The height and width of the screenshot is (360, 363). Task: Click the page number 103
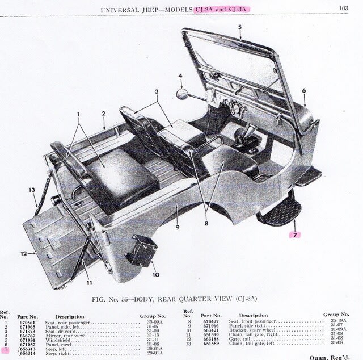[344, 9]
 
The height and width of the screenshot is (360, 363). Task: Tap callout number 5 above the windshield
[239, 27]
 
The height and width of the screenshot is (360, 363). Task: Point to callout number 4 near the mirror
[180, 76]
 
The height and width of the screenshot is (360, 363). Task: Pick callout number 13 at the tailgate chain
[32, 189]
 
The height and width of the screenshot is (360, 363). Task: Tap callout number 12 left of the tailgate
[24, 253]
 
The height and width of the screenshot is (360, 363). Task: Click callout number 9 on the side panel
[177, 227]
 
